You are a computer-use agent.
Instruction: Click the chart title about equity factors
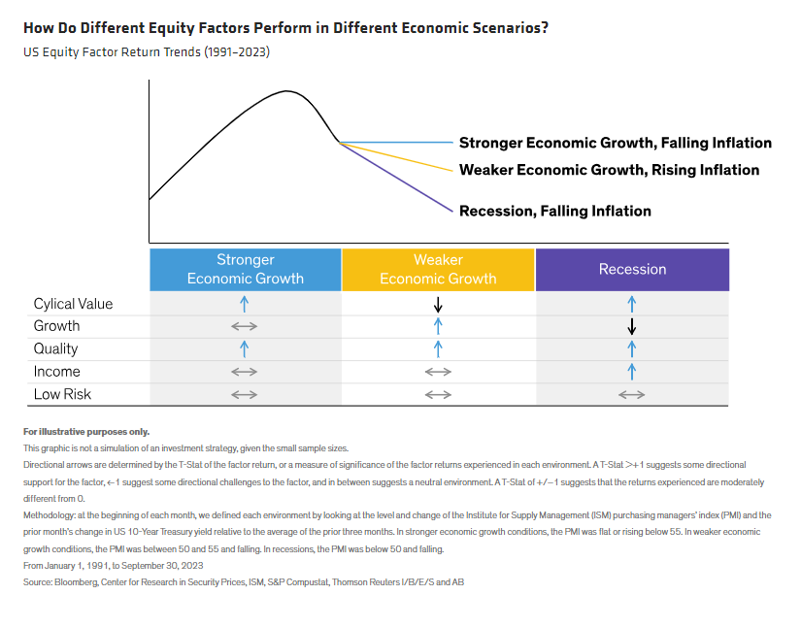285,27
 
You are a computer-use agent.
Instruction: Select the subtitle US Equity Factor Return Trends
146,51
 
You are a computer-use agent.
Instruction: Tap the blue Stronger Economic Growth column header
245,269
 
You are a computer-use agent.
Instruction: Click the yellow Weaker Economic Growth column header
438,269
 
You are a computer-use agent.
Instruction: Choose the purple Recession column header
632,269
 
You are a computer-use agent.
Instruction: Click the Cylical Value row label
73,304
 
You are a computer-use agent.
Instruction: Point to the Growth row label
56,326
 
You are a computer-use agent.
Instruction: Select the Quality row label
55,348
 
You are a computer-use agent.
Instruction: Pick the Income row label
56,372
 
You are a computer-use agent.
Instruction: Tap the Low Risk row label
61,394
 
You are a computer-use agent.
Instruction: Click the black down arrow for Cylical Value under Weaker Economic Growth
438,304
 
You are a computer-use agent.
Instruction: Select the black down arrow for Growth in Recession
632,326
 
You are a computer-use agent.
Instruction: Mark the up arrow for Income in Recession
632,372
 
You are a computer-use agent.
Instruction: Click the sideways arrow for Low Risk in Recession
632,394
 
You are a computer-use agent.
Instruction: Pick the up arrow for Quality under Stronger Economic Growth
245,348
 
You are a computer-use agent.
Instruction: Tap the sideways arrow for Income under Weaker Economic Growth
438,372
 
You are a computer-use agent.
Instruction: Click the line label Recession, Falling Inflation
554,211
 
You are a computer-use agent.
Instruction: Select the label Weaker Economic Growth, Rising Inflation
609,170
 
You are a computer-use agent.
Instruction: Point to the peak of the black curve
288,91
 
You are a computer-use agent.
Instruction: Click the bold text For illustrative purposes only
86,431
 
